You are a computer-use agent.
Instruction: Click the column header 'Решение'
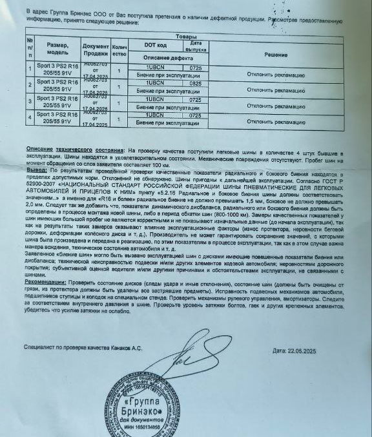point(276,55)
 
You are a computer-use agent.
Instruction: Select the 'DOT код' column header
point(155,46)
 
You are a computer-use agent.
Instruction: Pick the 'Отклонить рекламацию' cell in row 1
point(276,73)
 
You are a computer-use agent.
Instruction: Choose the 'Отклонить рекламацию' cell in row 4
point(276,121)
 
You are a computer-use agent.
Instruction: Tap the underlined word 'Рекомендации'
point(45,282)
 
